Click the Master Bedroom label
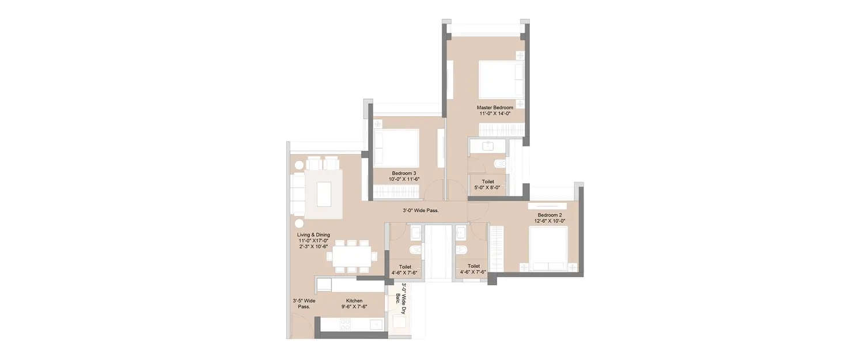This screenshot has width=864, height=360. coord(495,108)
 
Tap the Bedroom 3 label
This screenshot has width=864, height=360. coord(404,173)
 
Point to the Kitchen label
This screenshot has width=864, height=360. coord(354,301)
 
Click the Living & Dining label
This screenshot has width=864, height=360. coord(313,234)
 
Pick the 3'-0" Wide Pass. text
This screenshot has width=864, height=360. coord(420,211)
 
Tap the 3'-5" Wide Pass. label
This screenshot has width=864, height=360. coord(304,304)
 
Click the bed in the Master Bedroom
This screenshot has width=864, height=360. coord(500,79)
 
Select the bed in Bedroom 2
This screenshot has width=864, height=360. coord(549,248)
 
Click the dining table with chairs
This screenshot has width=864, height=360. coord(351,254)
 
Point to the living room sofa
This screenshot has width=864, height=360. coord(297,193)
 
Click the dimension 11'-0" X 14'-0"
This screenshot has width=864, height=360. coord(495,114)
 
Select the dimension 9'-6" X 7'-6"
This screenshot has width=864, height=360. coord(354,307)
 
